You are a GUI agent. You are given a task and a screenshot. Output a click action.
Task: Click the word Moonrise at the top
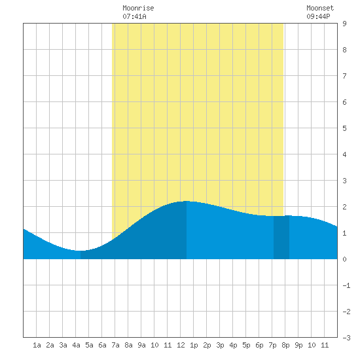[138, 8]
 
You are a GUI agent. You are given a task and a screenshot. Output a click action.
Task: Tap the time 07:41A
[134, 16]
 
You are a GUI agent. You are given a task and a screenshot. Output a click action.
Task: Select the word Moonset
[320, 8]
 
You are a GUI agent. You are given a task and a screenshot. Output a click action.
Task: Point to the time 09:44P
[318, 16]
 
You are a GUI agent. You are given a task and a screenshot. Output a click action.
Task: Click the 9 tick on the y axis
[344, 24]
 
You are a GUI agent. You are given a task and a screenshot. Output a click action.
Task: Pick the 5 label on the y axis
[344, 128]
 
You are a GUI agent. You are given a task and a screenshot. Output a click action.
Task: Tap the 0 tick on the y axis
[344, 259]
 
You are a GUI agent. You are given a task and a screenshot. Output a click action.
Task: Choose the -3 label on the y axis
[346, 338]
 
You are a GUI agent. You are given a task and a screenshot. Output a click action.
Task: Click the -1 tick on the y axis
[346, 285]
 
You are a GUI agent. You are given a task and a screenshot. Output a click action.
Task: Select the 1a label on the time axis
[37, 345]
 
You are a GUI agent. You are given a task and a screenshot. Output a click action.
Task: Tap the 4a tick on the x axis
[76, 345]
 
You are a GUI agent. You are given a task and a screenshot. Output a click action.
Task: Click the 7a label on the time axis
[115, 345]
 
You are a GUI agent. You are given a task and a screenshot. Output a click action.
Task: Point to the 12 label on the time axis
[181, 345]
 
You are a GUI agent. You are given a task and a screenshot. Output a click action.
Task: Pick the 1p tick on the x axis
[194, 345]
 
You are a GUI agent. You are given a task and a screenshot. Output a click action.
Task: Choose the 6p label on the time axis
[259, 345]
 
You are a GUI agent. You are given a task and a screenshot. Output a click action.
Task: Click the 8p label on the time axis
[285, 345]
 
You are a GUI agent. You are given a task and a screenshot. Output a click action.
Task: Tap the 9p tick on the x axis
[298, 345]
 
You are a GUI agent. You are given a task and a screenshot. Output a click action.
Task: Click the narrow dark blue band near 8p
[281, 238]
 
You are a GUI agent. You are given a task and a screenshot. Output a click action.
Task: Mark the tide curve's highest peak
[187, 201]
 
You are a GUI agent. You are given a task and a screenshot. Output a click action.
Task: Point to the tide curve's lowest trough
[79, 251]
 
